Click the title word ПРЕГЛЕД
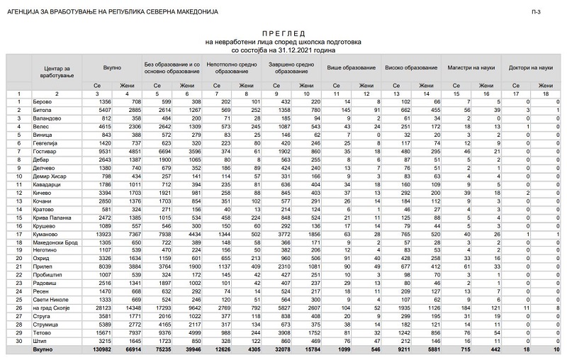(x=283, y=33)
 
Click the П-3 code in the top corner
(x=556, y=12)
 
